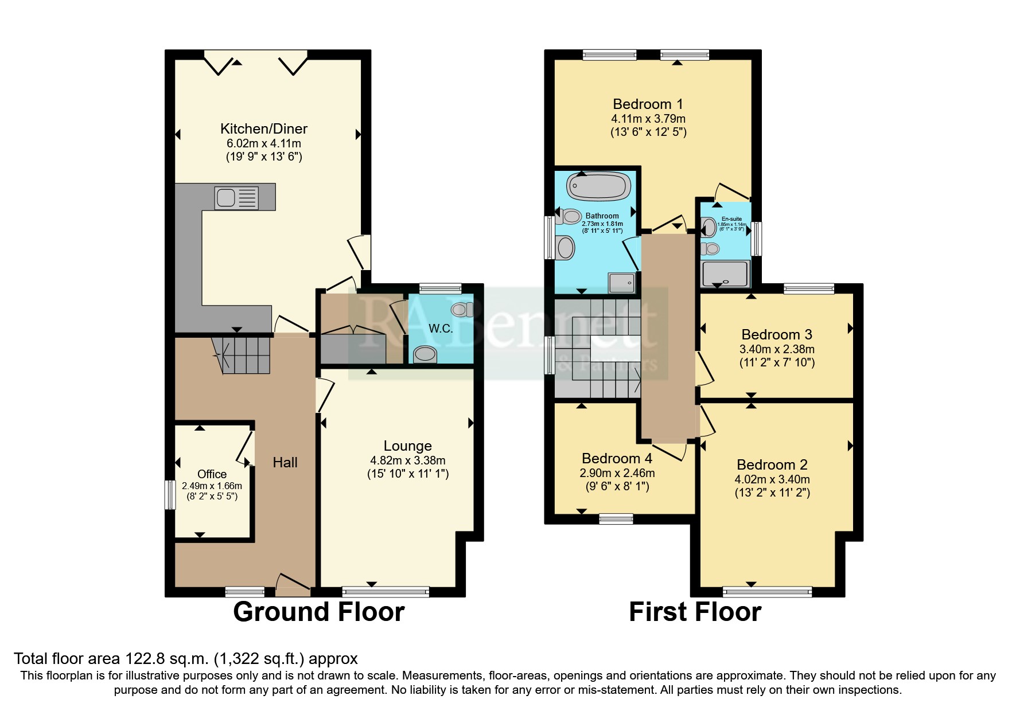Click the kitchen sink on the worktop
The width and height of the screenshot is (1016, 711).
click(x=236, y=198)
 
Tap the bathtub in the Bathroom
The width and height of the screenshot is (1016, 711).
click(x=599, y=186)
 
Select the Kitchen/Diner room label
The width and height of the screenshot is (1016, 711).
click(x=264, y=128)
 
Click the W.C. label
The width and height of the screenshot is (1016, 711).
click(x=441, y=329)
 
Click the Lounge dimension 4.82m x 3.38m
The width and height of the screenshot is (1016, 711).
click(x=407, y=460)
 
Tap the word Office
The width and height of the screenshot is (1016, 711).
click(x=212, y=474)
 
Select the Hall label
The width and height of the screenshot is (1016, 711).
click(x=285, y=462)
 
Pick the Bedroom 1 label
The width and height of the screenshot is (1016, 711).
click(x=648, y=104)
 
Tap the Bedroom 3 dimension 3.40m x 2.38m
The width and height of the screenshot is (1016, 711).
click(x=777, y=349)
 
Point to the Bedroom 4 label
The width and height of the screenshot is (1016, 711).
click(x=617, y=458)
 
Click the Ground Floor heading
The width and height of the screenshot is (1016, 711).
click(x=318, y=612)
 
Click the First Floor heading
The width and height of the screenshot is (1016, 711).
click(x=695, y=612)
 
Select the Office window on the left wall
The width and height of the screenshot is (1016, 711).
click(x=170, y=494)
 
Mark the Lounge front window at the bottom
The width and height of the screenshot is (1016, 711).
click(x=386, y=591)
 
